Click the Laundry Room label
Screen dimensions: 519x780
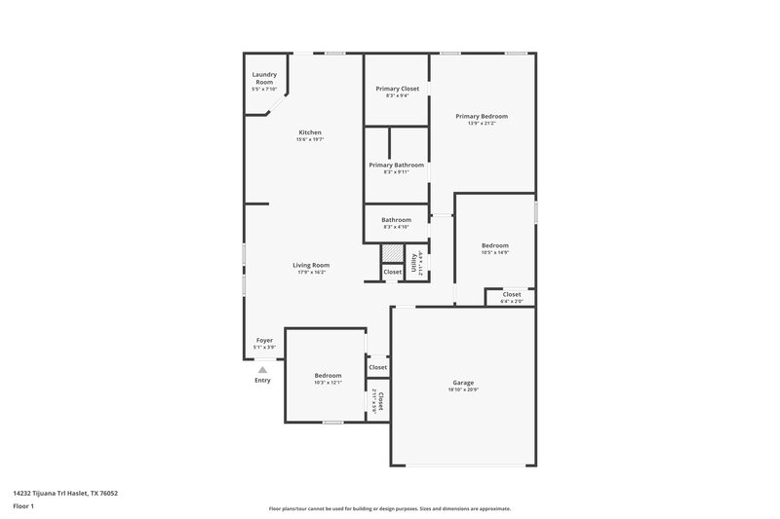tap(263, 75)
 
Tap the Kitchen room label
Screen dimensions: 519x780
tap(310, 132)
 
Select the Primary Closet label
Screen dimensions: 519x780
tap(397, 89)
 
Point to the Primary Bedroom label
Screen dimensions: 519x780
tap(482, 116)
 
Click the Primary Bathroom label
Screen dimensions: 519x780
tap(396, 165)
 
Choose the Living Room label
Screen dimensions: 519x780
tap(311, 265)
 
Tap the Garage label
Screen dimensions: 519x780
tap(463, 383)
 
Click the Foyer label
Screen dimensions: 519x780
tap(264, 340)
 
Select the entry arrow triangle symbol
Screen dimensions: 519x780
tap(262, 369)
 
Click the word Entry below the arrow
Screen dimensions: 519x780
tap(262, 380)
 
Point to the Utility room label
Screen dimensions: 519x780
tap(413, 261)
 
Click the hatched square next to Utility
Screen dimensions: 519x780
tap(391, 253)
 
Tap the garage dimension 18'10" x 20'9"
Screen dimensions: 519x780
tap(463, 389)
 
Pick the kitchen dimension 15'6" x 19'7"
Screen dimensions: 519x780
tap(310, 139)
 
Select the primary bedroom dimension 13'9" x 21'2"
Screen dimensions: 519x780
tap(482, 123)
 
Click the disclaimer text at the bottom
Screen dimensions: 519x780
tap(389, 508)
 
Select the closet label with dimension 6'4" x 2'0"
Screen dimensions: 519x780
tap(512, 294)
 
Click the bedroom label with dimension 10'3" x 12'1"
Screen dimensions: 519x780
tap(328, 375)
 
